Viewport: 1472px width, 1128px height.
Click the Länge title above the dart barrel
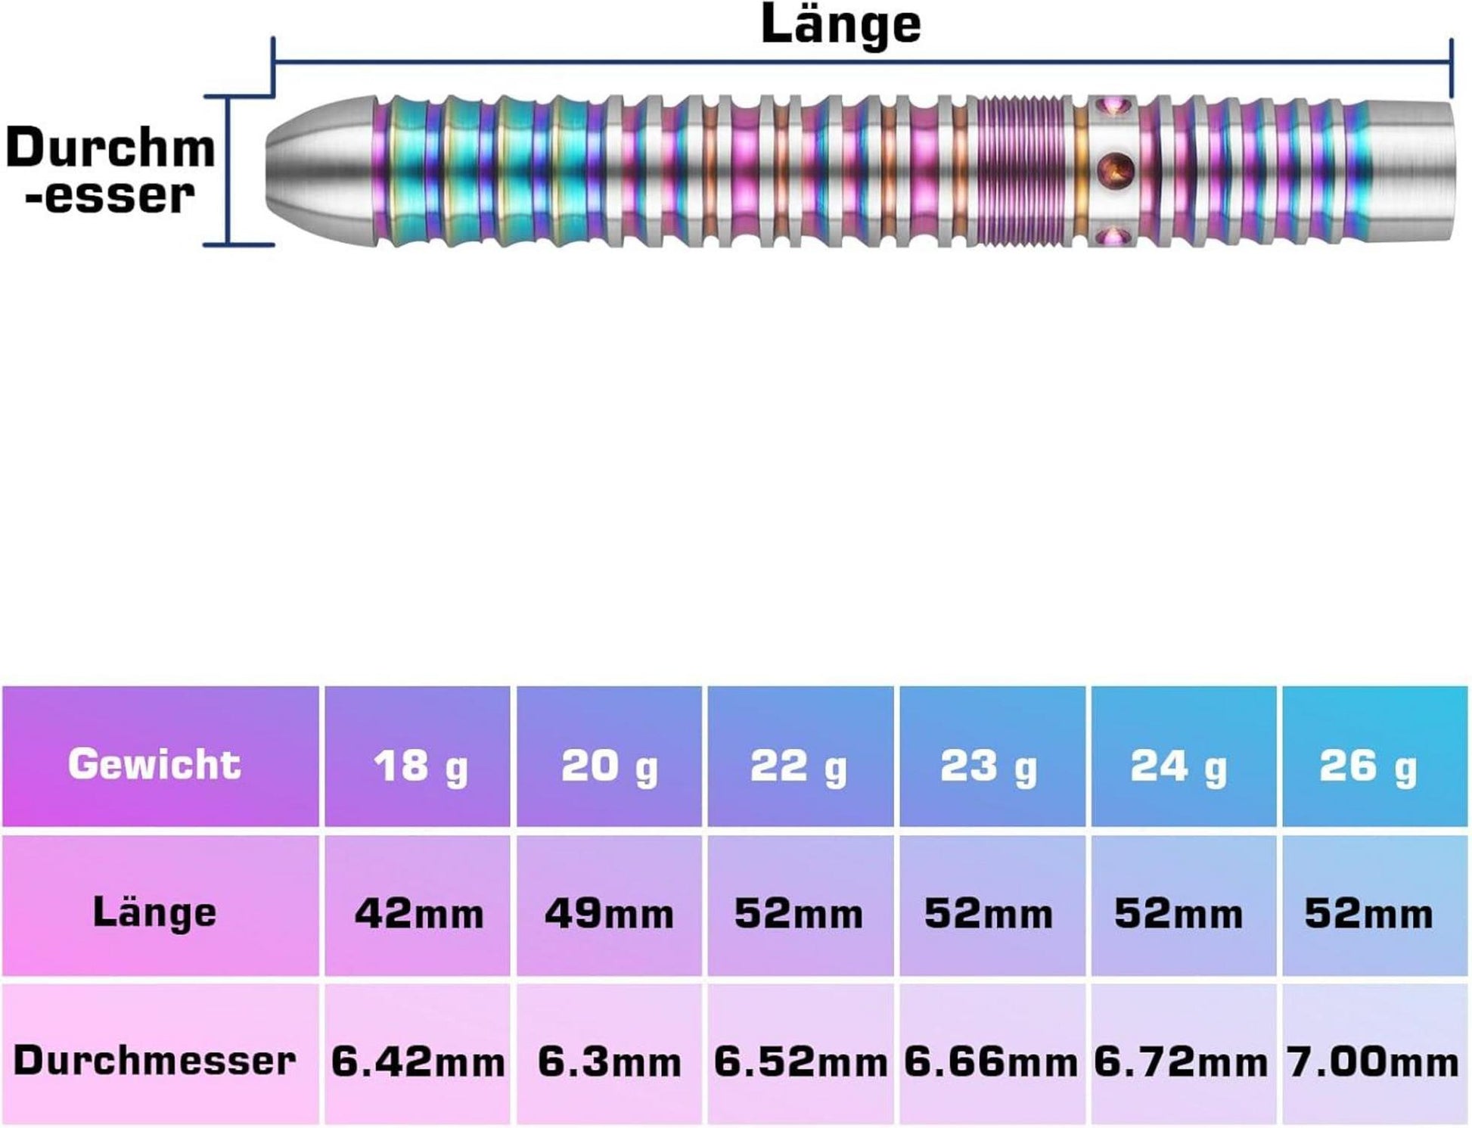(x=840, y=26)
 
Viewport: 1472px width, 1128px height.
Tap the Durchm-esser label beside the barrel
(x=110, y=171)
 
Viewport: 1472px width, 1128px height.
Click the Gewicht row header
(x=155, y=764)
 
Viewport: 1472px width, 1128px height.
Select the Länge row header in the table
(x=155, y=912)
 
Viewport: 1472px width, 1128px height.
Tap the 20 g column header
(x=610, y=766)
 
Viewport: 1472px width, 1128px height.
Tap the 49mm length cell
(x=610, y=914)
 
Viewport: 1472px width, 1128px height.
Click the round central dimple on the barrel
(x=1115, y=168)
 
